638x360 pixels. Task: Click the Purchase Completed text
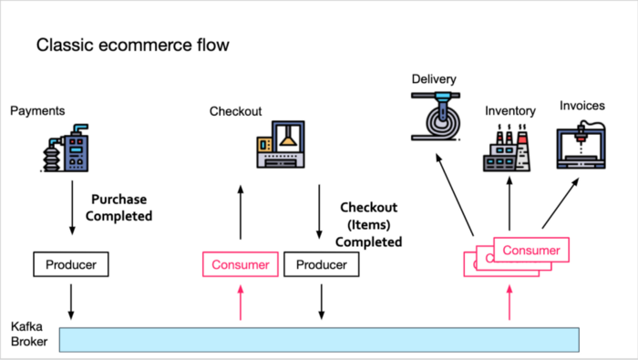[122, 207]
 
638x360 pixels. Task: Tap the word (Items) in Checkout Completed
[368, 226]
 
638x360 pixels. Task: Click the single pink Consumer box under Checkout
[240, 265]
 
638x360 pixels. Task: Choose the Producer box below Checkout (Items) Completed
[322, 265]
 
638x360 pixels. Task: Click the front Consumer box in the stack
[531, 249]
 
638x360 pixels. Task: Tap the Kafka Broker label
[28, 333]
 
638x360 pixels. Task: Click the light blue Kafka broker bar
[319, 338]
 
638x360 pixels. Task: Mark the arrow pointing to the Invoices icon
[561, 205]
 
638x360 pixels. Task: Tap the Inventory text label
[509, 111]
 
